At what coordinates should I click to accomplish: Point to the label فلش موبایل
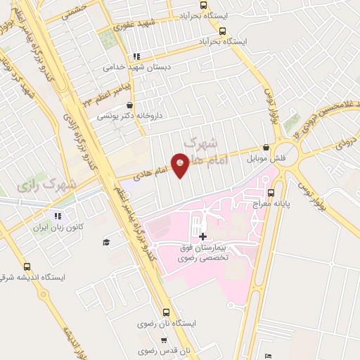[x=266, y=158]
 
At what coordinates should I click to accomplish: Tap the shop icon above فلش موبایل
[x=266, y=148]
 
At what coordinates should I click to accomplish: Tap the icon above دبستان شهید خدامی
[x=136, y=56]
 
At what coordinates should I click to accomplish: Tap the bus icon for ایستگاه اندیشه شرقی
[x=27, y=266]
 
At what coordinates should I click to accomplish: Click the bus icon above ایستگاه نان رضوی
[x=167, y=312]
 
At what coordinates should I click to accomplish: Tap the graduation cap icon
[x=106, y=242]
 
